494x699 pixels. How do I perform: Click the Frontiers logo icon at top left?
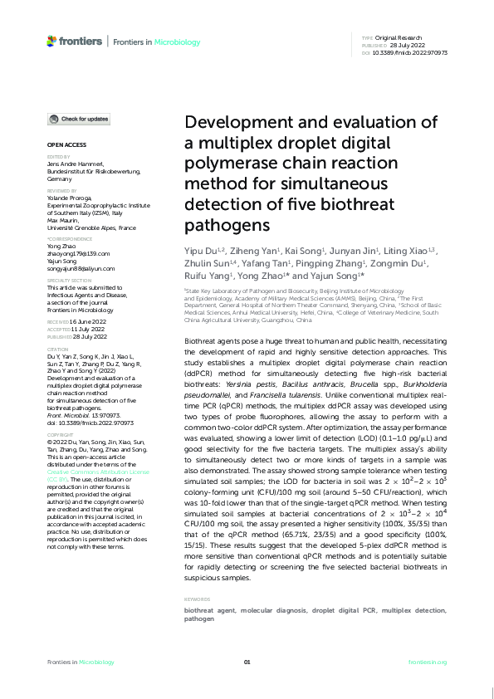tap(51, 41)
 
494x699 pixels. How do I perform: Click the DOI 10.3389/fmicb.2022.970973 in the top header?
tap(417, 52)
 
